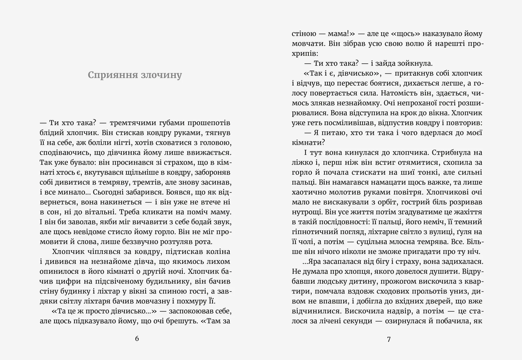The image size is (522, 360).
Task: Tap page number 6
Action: [x=137, y=339]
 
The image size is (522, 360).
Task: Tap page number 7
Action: [x=389, y=339]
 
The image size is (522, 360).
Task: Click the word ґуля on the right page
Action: [x=464, y=232]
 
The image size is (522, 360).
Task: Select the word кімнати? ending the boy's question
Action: [x=308, y=143]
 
